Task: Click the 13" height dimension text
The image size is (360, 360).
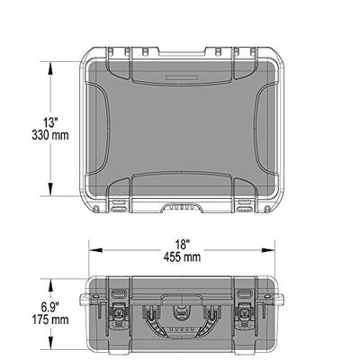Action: tap(50, 122)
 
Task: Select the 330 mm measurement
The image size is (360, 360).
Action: tap(50, 135)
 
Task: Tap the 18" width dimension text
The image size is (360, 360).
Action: tap(182, 245)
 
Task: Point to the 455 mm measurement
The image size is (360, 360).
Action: tap(182, 257)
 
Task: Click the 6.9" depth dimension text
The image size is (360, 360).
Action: tap(50, 307)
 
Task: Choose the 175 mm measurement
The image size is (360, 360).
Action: tap(50, 319)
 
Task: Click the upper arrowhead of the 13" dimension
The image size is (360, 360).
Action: tap(50, 68)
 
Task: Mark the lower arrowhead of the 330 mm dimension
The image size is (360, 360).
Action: tap(50, 189)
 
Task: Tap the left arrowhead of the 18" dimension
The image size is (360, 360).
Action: tap(95, 250)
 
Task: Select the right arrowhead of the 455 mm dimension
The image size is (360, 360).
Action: tap(268, 250)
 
